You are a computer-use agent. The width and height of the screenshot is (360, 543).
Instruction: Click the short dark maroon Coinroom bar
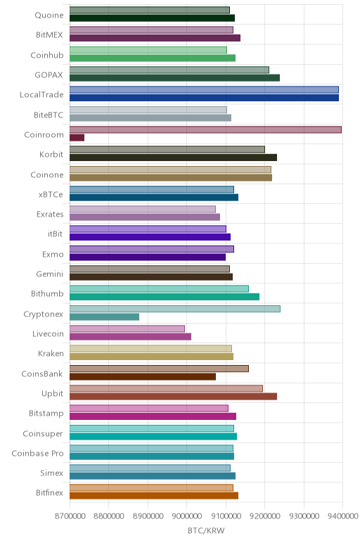coord(77,138)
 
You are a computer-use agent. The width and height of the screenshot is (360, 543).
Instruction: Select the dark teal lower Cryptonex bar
coord(104,317)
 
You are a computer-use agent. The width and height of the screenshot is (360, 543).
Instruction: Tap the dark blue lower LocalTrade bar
coord(204,98)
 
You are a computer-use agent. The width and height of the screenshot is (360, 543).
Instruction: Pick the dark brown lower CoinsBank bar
coord(143,376)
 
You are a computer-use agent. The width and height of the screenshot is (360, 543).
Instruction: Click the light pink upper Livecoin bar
coord(127,328)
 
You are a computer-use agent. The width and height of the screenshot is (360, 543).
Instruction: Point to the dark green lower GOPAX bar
coord(174,78)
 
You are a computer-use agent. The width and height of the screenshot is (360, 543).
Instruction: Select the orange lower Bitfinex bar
coord(154,496)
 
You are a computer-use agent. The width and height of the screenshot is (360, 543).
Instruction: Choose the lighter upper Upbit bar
coord(166,388)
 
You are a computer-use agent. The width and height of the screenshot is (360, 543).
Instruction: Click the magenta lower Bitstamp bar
coord(153,416)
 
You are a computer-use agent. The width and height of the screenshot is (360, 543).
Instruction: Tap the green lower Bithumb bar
coord(165,297)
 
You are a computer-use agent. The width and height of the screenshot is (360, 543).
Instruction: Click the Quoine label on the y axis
coord(49,15)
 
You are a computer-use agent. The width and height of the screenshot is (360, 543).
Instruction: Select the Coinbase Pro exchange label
coord(37,453)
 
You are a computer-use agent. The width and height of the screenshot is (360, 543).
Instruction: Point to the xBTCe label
coord(51,195)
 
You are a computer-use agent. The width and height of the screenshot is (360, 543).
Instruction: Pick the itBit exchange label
coord(56,234)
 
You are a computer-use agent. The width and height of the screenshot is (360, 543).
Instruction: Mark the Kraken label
coord(51,354)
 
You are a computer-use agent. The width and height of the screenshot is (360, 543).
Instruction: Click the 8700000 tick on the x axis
coord(70,516)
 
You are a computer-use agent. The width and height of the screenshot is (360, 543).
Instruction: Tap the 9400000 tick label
coord(342,516)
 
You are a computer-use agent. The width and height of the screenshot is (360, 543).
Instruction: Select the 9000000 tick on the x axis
coord(187,516)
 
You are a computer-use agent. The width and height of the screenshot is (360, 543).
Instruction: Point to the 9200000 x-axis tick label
coord(265,516)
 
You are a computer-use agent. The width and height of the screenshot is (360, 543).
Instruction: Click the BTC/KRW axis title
coord(206,530)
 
